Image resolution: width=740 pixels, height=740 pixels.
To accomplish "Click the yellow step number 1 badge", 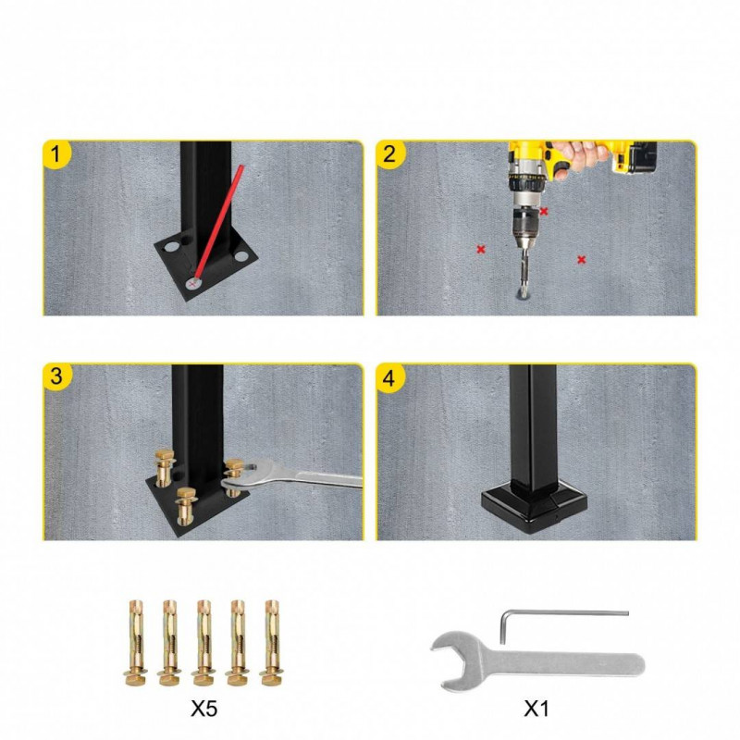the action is coord(56,154).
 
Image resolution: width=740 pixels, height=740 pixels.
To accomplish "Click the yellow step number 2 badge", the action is coord(389,154).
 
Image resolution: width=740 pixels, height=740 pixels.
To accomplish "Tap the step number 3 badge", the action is coord(56,376).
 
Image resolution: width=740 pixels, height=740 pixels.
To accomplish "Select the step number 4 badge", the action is coord(389,377).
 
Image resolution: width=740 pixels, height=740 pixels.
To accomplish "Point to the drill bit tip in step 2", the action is coord(524,295).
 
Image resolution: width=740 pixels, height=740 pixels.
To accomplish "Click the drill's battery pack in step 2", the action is coord(635,157).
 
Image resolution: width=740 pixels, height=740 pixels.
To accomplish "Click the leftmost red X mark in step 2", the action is coord(481,249).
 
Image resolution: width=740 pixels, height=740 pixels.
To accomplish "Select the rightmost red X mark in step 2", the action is coord(582,259).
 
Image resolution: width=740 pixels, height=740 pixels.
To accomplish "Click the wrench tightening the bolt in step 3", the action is coord(291,476).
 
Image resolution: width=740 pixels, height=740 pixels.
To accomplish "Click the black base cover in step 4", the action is coord(535,506).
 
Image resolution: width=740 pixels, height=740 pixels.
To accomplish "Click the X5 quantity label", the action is coord(204,709).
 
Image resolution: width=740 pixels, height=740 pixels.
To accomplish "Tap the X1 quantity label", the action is coord(536,709).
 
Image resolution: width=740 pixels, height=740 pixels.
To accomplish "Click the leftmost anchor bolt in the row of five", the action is coord(136,643).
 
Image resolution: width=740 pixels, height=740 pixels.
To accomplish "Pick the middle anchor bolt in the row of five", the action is coord(203,643).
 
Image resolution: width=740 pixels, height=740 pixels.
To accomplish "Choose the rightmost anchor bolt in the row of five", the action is coord(271,643).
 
